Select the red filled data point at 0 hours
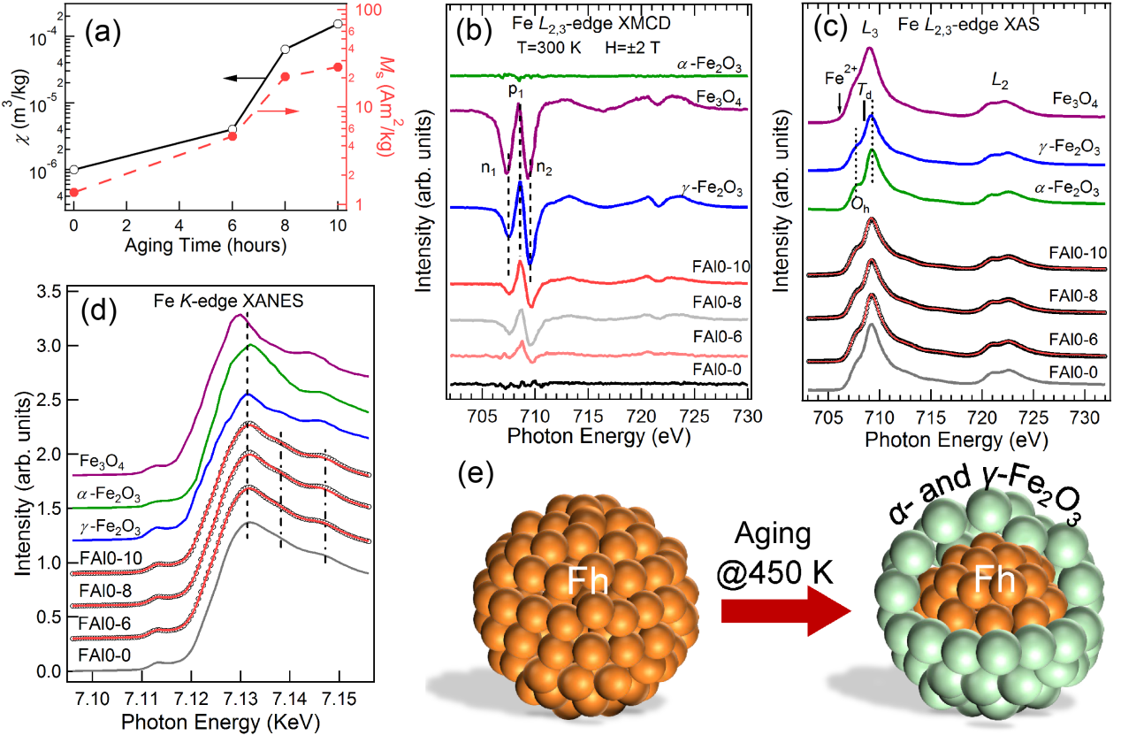click(73, 192)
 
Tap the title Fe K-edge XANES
click(227, 302)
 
